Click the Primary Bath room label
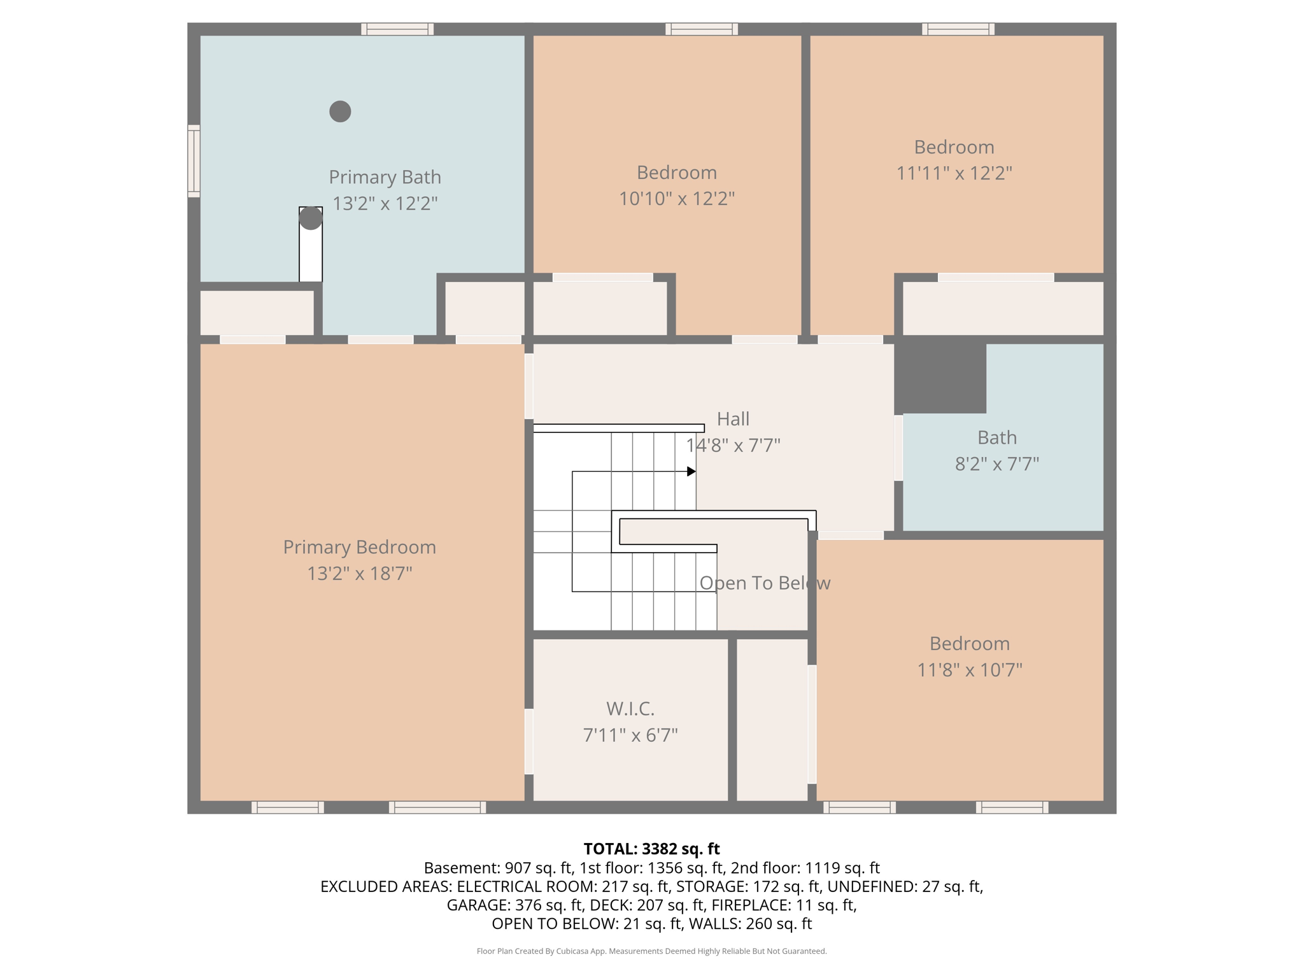pos(385,177)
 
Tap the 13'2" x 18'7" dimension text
pos(359,574)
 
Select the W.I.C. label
pos(630,709)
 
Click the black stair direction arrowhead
pos(691,471)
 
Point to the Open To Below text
pos(764,583)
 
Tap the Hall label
pos(733,419)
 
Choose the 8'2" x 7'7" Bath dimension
pos(996,464)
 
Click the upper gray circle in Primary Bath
pos(340,111)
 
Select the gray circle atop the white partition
pos(311,218)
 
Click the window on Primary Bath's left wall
pos(194,161)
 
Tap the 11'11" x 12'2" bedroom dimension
pos(954,173)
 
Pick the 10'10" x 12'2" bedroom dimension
pos(676,199)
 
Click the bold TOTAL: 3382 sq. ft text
pos(651,849)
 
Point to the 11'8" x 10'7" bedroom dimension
pos(969,670)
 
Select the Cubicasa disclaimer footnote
pos(651,951)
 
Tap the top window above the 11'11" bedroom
pos(958,29)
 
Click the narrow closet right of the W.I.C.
pos(772,719)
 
